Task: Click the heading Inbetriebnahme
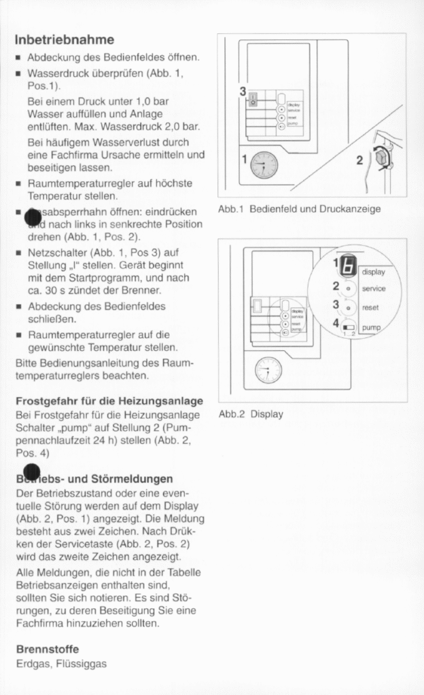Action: [65, 39]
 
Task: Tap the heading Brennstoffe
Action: [48, 649]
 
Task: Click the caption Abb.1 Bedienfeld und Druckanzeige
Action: [299, 209]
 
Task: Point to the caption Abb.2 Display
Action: [251, 413]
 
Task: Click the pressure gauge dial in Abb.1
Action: [264, 164]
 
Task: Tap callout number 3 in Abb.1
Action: [243, 90]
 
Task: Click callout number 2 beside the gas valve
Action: [359, 160]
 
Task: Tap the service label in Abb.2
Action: [373, 289]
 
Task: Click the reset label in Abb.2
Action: [370, 307]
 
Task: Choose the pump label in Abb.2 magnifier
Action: [371, 327]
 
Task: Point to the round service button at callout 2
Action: [348, 288]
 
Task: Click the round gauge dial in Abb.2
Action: [268, 370]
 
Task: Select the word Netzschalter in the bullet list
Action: [54, 253]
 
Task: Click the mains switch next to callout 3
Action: [253, 99]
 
